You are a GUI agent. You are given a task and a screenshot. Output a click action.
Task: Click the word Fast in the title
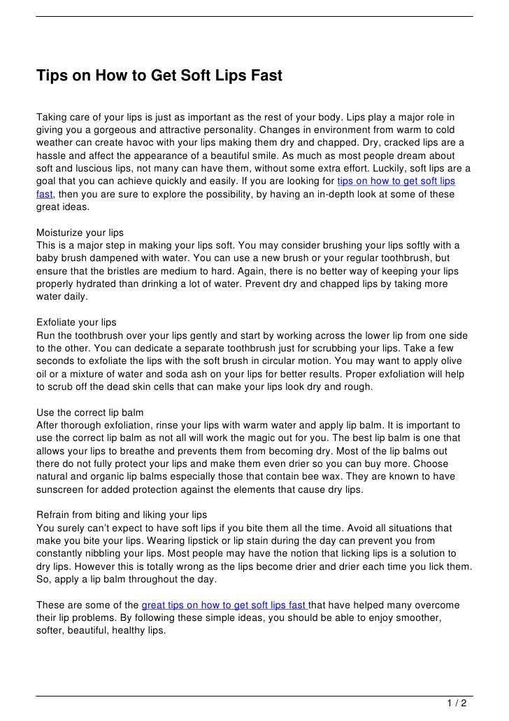click(x=264, y=75)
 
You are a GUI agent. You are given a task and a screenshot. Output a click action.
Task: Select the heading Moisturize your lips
click(x=80, y=232)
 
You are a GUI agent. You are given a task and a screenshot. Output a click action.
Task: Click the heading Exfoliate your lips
click(x=76, y=323)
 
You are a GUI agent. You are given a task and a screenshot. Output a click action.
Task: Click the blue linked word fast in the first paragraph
click(x=45, y=195)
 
